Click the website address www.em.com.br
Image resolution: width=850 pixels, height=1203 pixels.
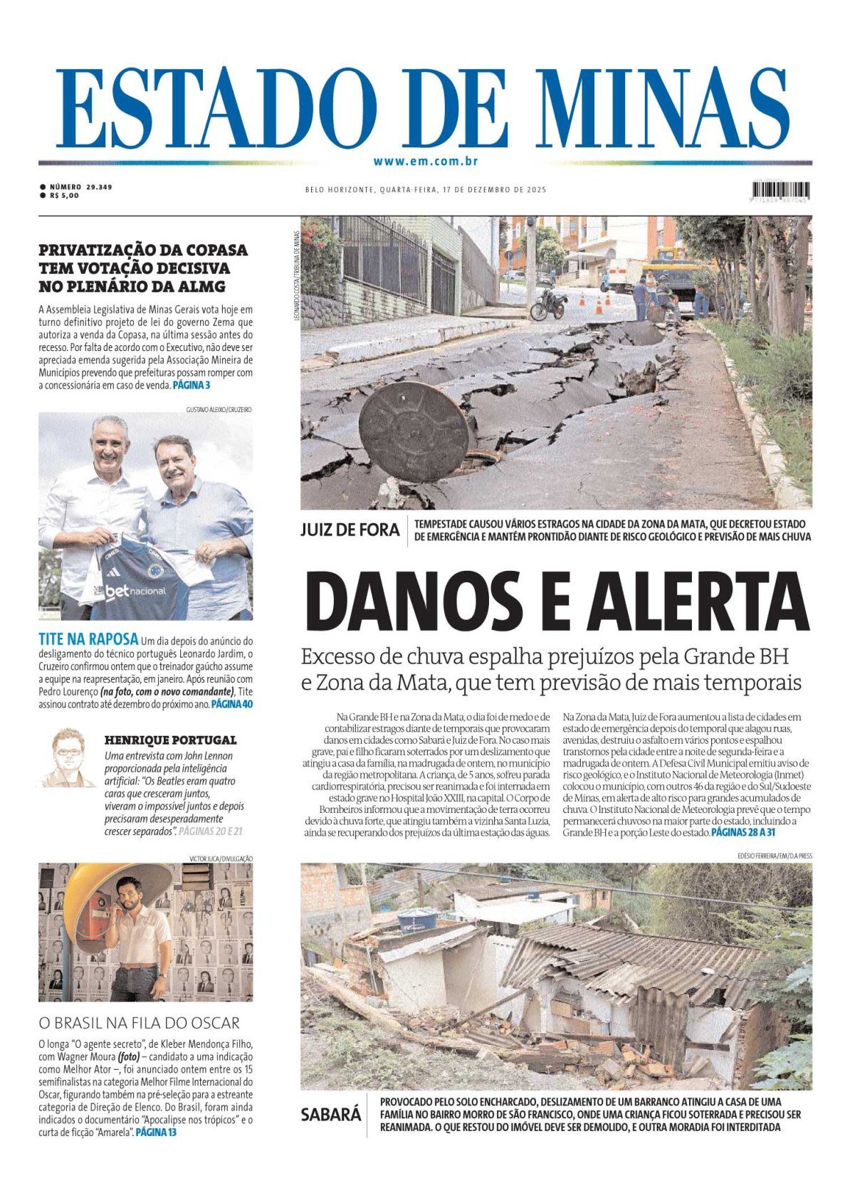(425, 162)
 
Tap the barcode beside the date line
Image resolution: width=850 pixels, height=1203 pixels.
(780, 190)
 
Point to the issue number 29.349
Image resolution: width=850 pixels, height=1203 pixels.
(99, 187)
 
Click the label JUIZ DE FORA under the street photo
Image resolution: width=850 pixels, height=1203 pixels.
(350, 530)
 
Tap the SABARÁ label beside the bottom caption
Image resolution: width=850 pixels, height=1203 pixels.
(330, 1114)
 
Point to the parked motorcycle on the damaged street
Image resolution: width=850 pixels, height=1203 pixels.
(547, 304)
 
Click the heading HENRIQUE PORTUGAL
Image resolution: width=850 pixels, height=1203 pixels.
(170, 740)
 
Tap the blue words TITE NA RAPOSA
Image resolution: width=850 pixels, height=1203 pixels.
(88, 640)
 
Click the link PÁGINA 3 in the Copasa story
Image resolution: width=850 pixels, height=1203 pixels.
(191, 385)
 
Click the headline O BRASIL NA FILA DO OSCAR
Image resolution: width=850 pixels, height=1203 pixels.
(139, 1023)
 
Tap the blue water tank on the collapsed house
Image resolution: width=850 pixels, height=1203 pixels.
(416, 919)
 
